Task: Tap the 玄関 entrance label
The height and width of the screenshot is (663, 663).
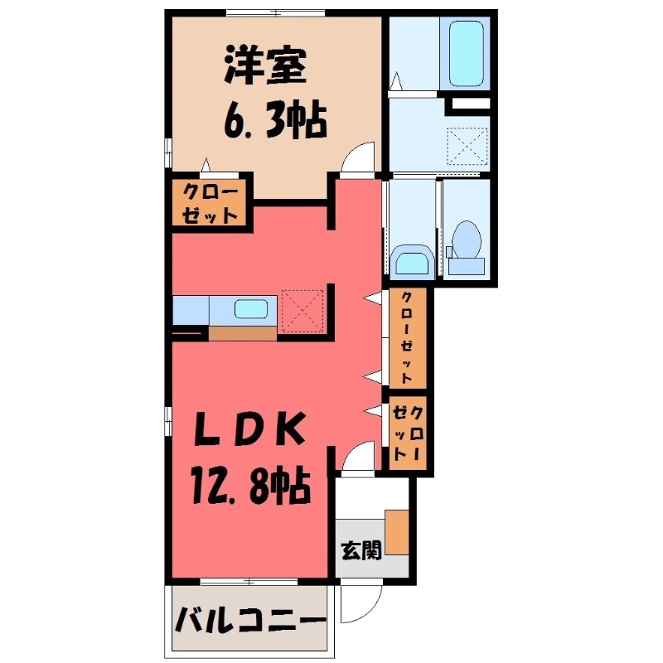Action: [361, 549]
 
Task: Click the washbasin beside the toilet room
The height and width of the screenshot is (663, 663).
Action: [410, 261]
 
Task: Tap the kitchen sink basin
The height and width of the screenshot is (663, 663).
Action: [250, 309]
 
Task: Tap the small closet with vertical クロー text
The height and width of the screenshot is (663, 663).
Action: [409, 433]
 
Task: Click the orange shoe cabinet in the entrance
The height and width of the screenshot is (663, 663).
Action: [397, 532]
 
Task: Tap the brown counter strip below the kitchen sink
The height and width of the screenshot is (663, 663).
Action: [242, 333]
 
